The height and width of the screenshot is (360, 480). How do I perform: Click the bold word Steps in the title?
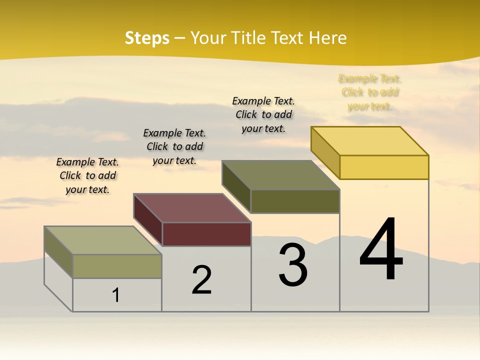pyautogui.click(x=147, y=38)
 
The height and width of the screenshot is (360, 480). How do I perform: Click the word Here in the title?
pyautogui.click(x=328, y=38)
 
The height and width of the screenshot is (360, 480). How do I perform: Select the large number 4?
pyautogui.click(x=381, y=249)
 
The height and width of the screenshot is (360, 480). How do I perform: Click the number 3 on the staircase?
pyautogui.click(x=293, y=265)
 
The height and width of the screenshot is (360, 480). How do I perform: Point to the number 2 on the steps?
pyautogui.click(x=202, y=280)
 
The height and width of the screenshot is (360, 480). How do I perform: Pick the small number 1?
pyautogui.click(x=116, y=295)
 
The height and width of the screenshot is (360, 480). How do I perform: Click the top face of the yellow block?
pyautogui.click(x=370, y=140)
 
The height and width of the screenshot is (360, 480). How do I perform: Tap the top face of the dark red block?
pyautogui.click(x=192, y=207)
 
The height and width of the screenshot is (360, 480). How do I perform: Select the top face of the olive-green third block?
pyautogui.click(x=281, y=175)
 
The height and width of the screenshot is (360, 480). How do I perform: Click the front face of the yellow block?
pyautogui.click(x=384, y=167)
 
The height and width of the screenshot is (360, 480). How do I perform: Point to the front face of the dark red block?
pyautogui.click(x=206, y=234)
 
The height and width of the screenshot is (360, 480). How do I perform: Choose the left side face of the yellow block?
pyautogui.click(x=325, y=152)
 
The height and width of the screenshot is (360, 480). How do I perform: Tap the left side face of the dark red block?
pyautogui.click(x=148, y=219)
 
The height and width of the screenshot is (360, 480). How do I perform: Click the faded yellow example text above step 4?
pyautogui.click(x=370, y=92)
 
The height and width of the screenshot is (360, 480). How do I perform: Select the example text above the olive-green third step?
pyautogui.click(x=263, y=114)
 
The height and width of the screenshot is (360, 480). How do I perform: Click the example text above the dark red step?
pyautogui.click(x=174, y=146)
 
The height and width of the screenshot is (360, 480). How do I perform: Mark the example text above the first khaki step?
pyautogui.click(x=87, y=175)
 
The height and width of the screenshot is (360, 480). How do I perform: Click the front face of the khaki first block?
pyautogui.click(x=117, y=266)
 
